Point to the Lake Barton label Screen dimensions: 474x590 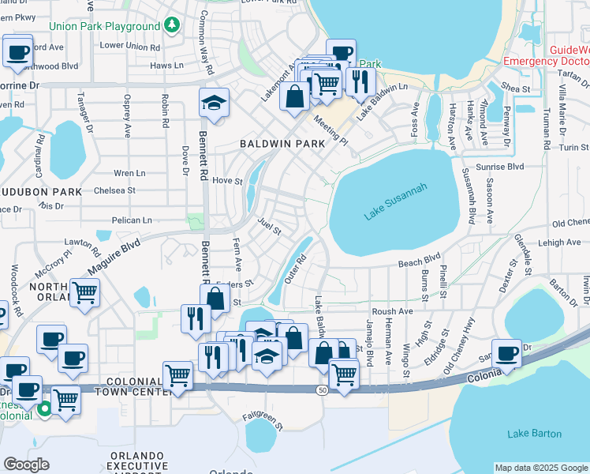click(534, 433)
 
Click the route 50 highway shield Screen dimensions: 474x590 click(322, 390)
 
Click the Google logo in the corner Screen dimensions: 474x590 click(26, 465)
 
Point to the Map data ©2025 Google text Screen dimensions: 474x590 click(540, 468)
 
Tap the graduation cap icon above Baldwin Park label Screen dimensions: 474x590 click(213, 103)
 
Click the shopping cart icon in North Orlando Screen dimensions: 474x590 click(85, 292)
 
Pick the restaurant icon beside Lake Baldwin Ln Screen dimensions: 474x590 click(360, 81)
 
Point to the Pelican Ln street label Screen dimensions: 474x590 click(133, 220)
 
